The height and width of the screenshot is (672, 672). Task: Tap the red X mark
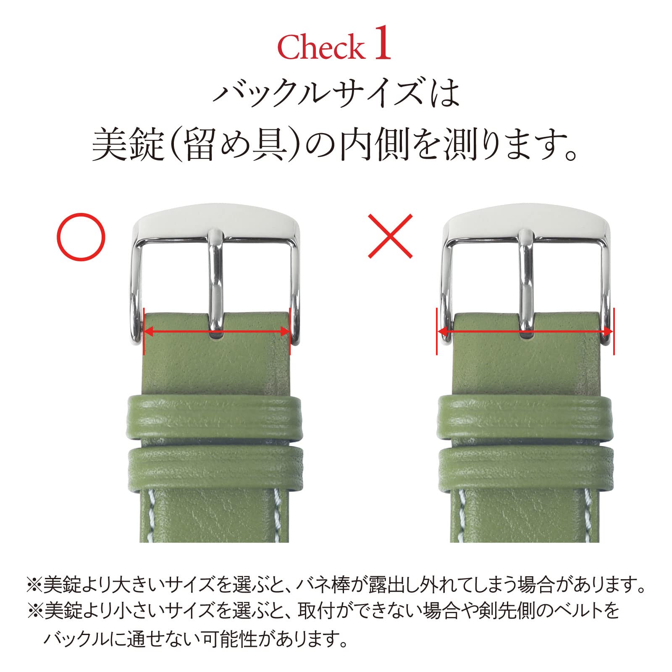[390, 236]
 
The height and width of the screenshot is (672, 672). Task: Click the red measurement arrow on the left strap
[217, 331]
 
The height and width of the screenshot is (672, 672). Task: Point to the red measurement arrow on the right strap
[525, 332]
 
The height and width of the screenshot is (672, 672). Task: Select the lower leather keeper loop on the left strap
[214, 468]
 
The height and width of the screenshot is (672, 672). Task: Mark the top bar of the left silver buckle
[217, 228]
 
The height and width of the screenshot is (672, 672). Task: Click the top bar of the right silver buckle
[526, 228]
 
